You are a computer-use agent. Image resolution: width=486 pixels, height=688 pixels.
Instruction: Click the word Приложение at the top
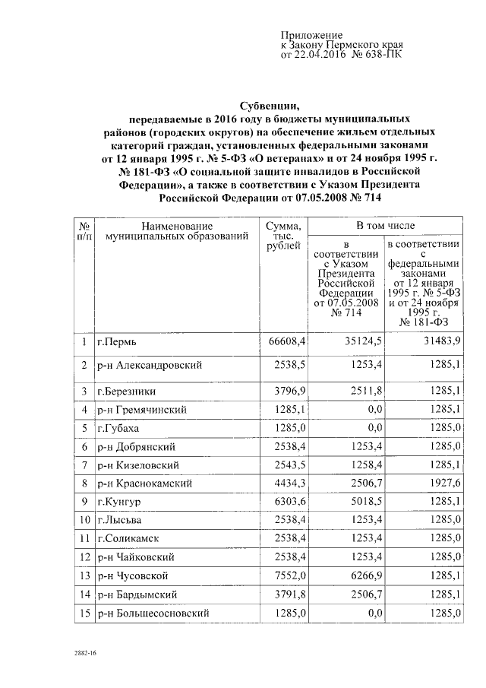[312, 36]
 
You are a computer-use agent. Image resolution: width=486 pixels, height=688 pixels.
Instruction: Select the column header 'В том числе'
[386, 227]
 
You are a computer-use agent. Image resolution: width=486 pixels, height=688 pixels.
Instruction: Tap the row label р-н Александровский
[149, 366]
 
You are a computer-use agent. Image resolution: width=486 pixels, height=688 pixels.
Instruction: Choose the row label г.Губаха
[120, 427]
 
